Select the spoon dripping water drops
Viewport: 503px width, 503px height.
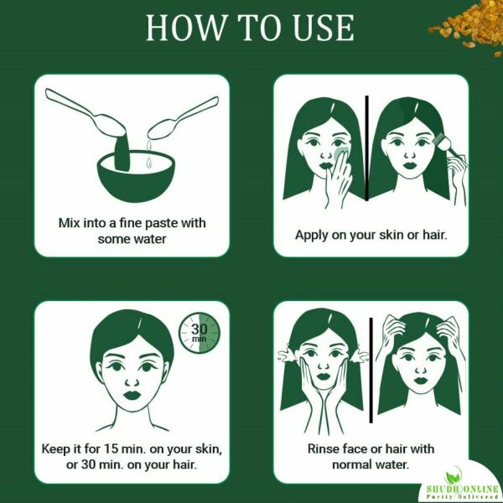(183, 118)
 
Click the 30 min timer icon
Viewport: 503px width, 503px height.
(200, 333)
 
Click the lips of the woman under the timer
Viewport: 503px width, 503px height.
(132, 395)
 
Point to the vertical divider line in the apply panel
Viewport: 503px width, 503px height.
(366, 148)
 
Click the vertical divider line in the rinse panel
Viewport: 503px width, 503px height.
(371, 371)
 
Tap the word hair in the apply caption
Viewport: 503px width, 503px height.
(434, 235)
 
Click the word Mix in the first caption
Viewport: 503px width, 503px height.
(70, 223)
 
